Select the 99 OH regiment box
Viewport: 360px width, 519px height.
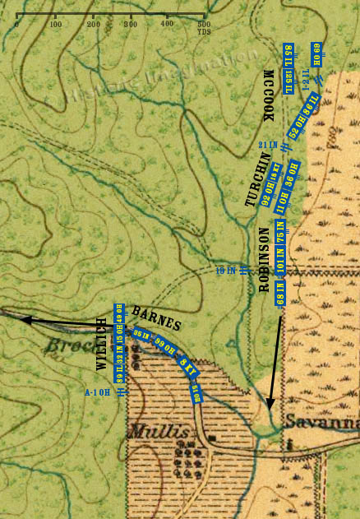click(x=165, y=345)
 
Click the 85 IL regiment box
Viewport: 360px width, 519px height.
click(x=288, y=58)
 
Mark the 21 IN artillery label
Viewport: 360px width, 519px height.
click(x=267, y=145)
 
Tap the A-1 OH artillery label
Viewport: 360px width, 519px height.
click(x=98, y=393)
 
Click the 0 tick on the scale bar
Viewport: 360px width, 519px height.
click(x=16, y=15)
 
